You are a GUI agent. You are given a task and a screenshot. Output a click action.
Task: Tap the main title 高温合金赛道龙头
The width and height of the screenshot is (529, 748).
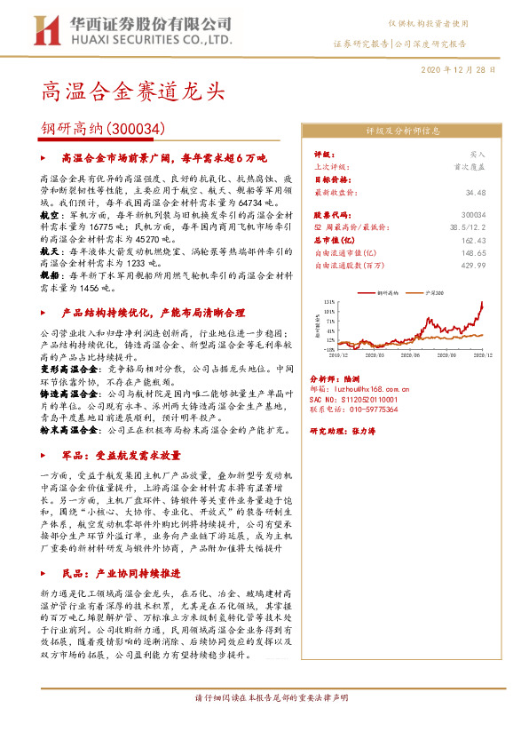pyautogui.click(x=132, y=91)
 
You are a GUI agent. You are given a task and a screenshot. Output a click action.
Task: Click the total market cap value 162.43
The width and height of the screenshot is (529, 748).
pyautogui.click(x=474, y=240)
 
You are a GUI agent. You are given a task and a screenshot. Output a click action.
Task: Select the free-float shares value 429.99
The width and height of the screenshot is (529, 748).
pyautogui.click(x=474, y=265)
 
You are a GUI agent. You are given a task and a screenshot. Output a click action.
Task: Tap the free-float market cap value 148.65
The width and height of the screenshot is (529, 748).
pyautogui.click(x=474, y=252)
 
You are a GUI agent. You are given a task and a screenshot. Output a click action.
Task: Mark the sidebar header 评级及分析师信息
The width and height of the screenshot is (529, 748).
pyautogui.click(x=402, y=130)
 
